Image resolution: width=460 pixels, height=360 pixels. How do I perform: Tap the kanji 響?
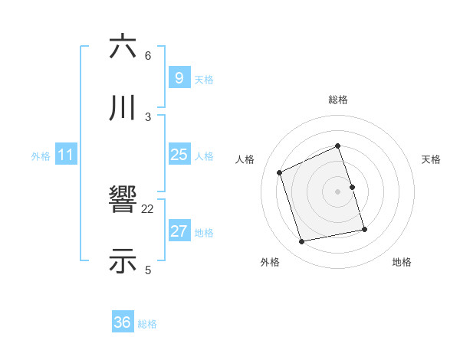[x=123, y=200]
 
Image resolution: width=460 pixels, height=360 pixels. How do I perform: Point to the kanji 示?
[x=123, y=261]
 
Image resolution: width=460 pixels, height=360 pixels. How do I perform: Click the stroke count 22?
[x=148, y=208]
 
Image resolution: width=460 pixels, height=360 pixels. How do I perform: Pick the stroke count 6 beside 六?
[x=148, y=55]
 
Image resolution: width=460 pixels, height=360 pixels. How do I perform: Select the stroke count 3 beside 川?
[x=148, y=116]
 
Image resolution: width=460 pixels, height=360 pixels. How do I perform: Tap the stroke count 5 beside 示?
[x=148, y=270]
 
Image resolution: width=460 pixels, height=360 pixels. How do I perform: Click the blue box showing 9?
[x=179, y=78]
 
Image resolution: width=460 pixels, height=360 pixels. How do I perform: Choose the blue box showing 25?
[x=179, y=155]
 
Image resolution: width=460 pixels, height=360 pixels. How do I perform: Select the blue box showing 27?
[x=179, y=231]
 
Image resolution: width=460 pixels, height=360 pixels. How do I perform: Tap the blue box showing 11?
[x=66, y=155]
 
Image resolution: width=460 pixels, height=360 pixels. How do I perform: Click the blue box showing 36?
[x=123, y=322]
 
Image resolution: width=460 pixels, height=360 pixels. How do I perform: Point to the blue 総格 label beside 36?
[x=147, y=324]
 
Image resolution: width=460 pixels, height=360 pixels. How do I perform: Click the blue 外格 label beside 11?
[x=41, y=156]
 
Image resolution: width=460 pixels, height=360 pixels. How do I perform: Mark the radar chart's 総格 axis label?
[x=338, y=100]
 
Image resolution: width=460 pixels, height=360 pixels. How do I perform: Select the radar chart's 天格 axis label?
[x=432, y=159]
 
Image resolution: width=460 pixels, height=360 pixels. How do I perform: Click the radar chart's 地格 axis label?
[x=402, y=262]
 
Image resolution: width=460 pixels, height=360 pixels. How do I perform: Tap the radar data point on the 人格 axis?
[x=280, y=172]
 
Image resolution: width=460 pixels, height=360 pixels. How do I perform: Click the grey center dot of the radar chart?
[x=338, y=191]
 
